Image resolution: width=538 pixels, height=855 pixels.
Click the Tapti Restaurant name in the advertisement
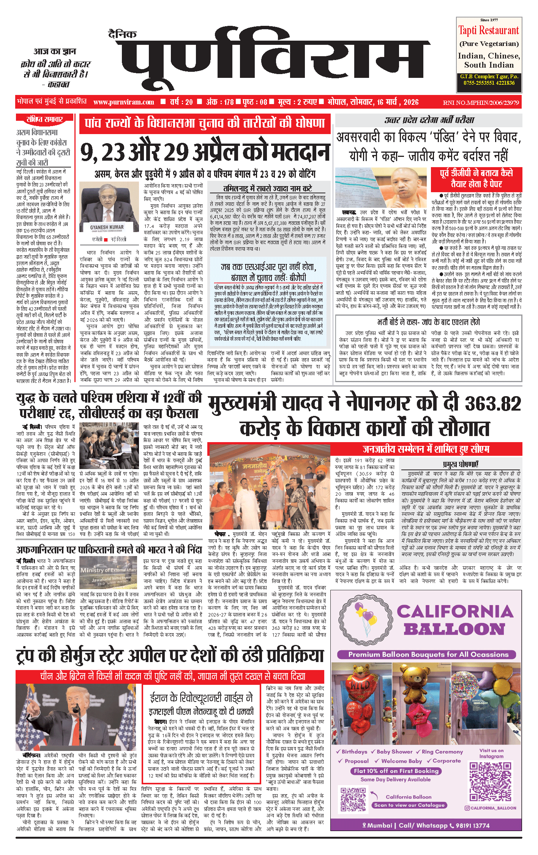pos(488,30)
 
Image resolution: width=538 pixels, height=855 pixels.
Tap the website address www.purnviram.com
pos(124,102)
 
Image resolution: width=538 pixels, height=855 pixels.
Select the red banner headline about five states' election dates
pos(205,123)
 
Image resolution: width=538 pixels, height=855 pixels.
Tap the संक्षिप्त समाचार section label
pos(44,119)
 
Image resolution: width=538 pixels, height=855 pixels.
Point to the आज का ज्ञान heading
pos(55,51)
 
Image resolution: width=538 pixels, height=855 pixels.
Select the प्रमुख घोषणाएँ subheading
pos(461,464)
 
